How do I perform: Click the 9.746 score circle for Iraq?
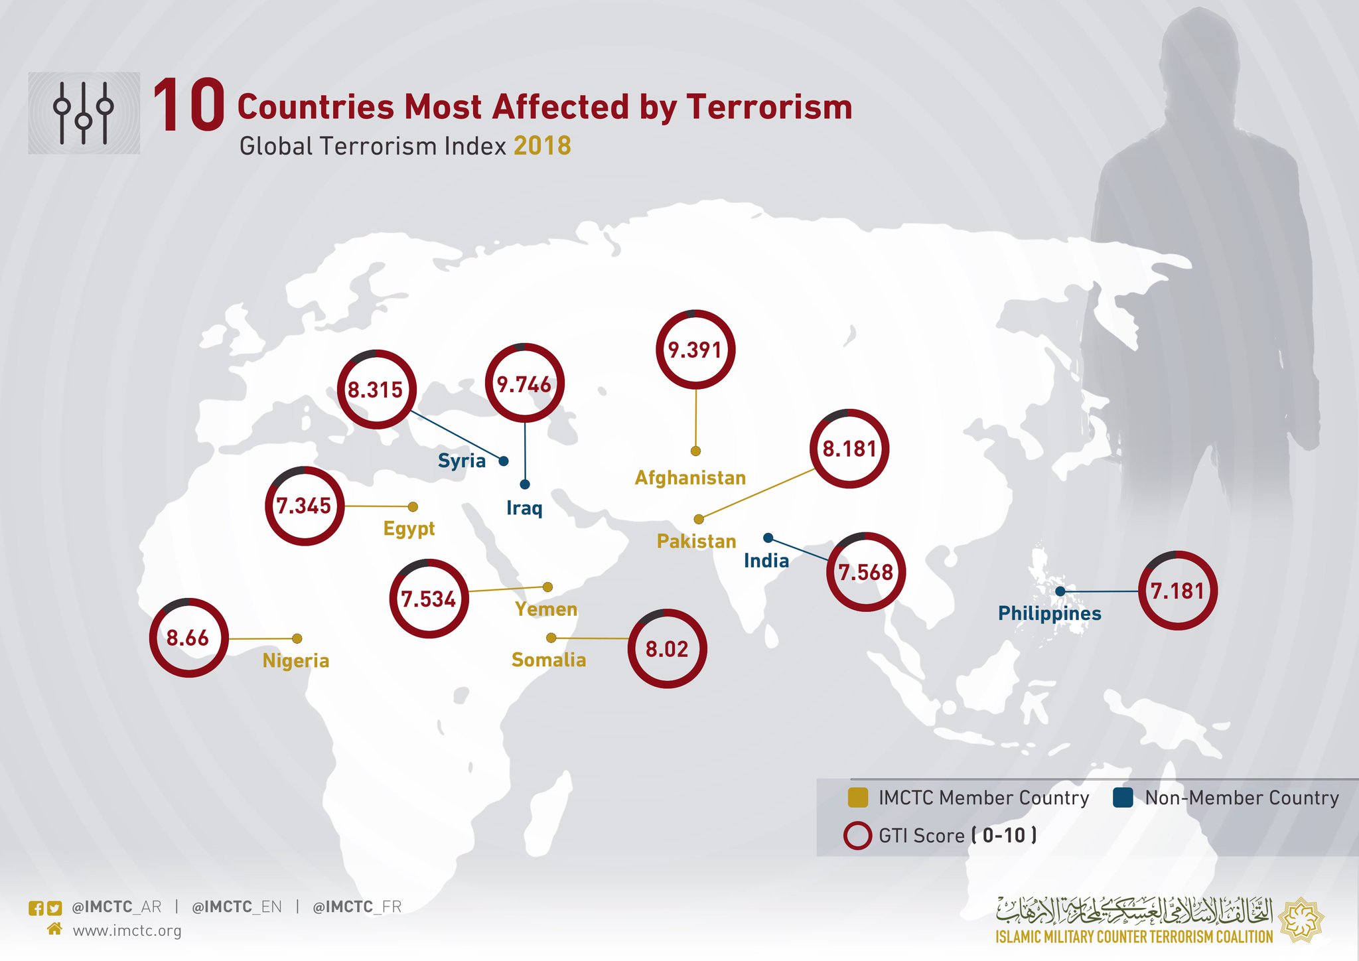(524, 383)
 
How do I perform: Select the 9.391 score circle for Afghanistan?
(695, 349)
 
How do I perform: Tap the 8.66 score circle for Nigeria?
(188, 638)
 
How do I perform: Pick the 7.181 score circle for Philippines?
(1177, 590)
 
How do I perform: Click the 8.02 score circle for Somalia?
(667, 648)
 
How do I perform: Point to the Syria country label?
(462, 460)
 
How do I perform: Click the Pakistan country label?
(696, 541)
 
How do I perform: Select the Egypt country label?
(409, 528)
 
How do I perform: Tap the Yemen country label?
(545, 609)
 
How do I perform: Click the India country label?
(766, 561)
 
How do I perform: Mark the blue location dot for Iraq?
(525, 484)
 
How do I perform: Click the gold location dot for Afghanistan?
(695, 451)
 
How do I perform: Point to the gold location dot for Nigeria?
(297, 638)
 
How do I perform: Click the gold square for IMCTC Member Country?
(858, 798)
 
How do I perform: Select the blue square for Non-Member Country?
(1123, 798)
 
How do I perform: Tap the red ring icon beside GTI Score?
(857, 836)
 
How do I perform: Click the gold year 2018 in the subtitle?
(542, 146)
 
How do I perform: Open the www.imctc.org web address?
(127, 930)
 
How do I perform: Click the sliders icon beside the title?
(84, 113)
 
